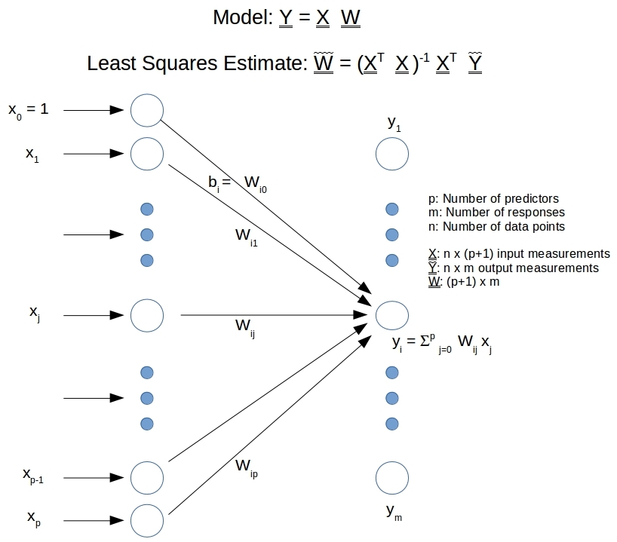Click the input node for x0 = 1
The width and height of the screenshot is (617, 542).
click(x=147, y=110)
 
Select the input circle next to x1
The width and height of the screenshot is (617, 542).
click(x=147, y=154)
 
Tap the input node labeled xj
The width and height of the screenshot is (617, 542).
click(x=147, y=314)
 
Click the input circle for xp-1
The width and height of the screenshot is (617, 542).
click(x=147, y=476)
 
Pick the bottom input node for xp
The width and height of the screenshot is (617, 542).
click(x=147, y=520)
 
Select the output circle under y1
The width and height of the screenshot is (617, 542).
click(x=392, y=155)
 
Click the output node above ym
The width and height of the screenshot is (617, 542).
click(x=392, y=477)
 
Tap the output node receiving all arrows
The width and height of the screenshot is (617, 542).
click(x=392, y=314)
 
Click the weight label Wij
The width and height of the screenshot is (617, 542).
click(x=244, y=326)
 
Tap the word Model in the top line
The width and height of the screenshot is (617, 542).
click(x=241, y=17)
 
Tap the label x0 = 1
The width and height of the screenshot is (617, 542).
click(x=29, y=110)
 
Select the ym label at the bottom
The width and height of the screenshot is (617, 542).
click(x=394, y=512)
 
